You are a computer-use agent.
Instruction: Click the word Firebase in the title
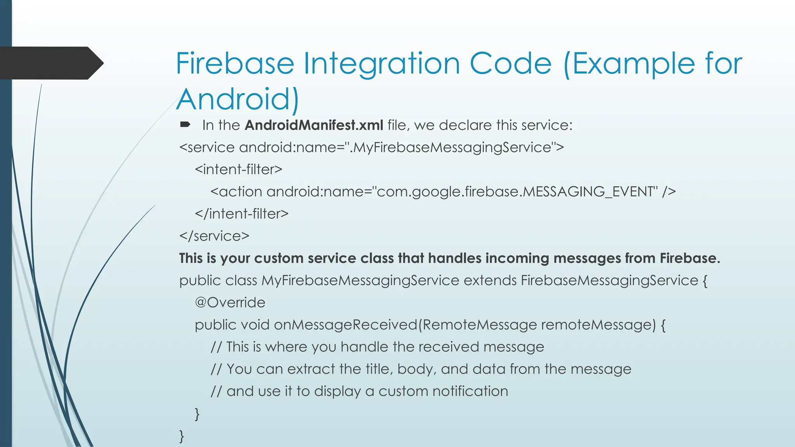[235, 63]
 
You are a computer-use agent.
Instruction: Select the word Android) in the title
[238, 99]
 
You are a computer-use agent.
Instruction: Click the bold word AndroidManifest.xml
[314, 125]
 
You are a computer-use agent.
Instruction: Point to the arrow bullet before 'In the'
[185, 125]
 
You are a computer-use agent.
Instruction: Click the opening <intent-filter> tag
[238, 170]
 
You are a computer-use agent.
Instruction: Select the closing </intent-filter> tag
[241, 214]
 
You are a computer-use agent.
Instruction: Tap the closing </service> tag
[214, 236]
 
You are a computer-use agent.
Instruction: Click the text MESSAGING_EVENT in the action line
[590, 192]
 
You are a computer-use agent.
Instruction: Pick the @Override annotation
[230, 303]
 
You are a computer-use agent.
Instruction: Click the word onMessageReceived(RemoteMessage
[405, 325]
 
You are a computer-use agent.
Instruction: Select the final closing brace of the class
[182, 436]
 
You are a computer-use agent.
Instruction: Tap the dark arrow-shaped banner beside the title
[50, 63]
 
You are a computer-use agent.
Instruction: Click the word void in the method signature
[255, 325]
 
